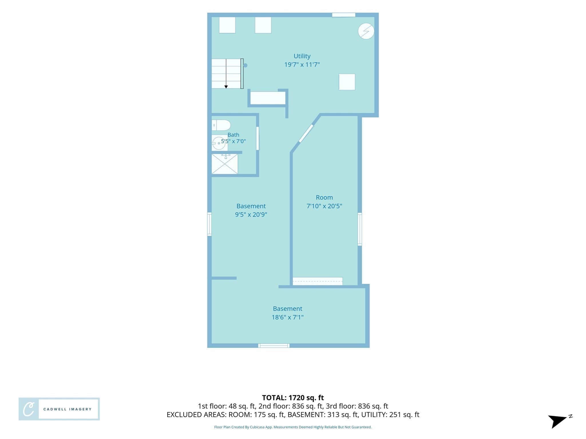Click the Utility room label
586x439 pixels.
pyautogui.click(x=302, y=56)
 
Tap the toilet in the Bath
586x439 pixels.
pyautogui.click(x=221, y=125)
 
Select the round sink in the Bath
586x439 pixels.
pyautogui.click(x=219, y=143)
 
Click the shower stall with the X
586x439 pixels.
pyautogui.click(x=225, y=164)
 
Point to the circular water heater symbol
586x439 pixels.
pyautogui.click(x=366, y=31)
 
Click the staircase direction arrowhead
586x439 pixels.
pyautogui.click(x=226, y=87)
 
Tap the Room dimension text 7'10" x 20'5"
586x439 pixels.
pyautogui.click(x=324, y=206)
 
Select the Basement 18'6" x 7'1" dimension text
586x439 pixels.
pyautogui.click(x=288, y=317)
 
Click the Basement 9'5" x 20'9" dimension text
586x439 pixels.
pyautogui.click(x=251, y=215)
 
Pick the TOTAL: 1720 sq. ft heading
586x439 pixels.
pyautogui.click(x=293, y=398)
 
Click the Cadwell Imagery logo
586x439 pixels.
pyautogui.click(x=59, y=409)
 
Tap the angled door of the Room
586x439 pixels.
pyautogui.click(x=306, y=133)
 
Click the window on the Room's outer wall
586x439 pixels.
pyautogui.click(x=360, y=229)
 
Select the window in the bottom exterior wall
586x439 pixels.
pyautogui.click(x=274, y=346)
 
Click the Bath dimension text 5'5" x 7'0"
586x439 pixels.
pyautogui.click(x=233, y=141)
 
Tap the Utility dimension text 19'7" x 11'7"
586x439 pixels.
pyautogui.click(x=302, y=65)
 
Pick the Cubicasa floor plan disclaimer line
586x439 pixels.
pyautogui.click(x=293, y=427)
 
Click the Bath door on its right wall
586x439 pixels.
pyautogui.click(x=258, y=138)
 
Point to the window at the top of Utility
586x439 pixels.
pyautogui.click(x=344, y=15)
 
